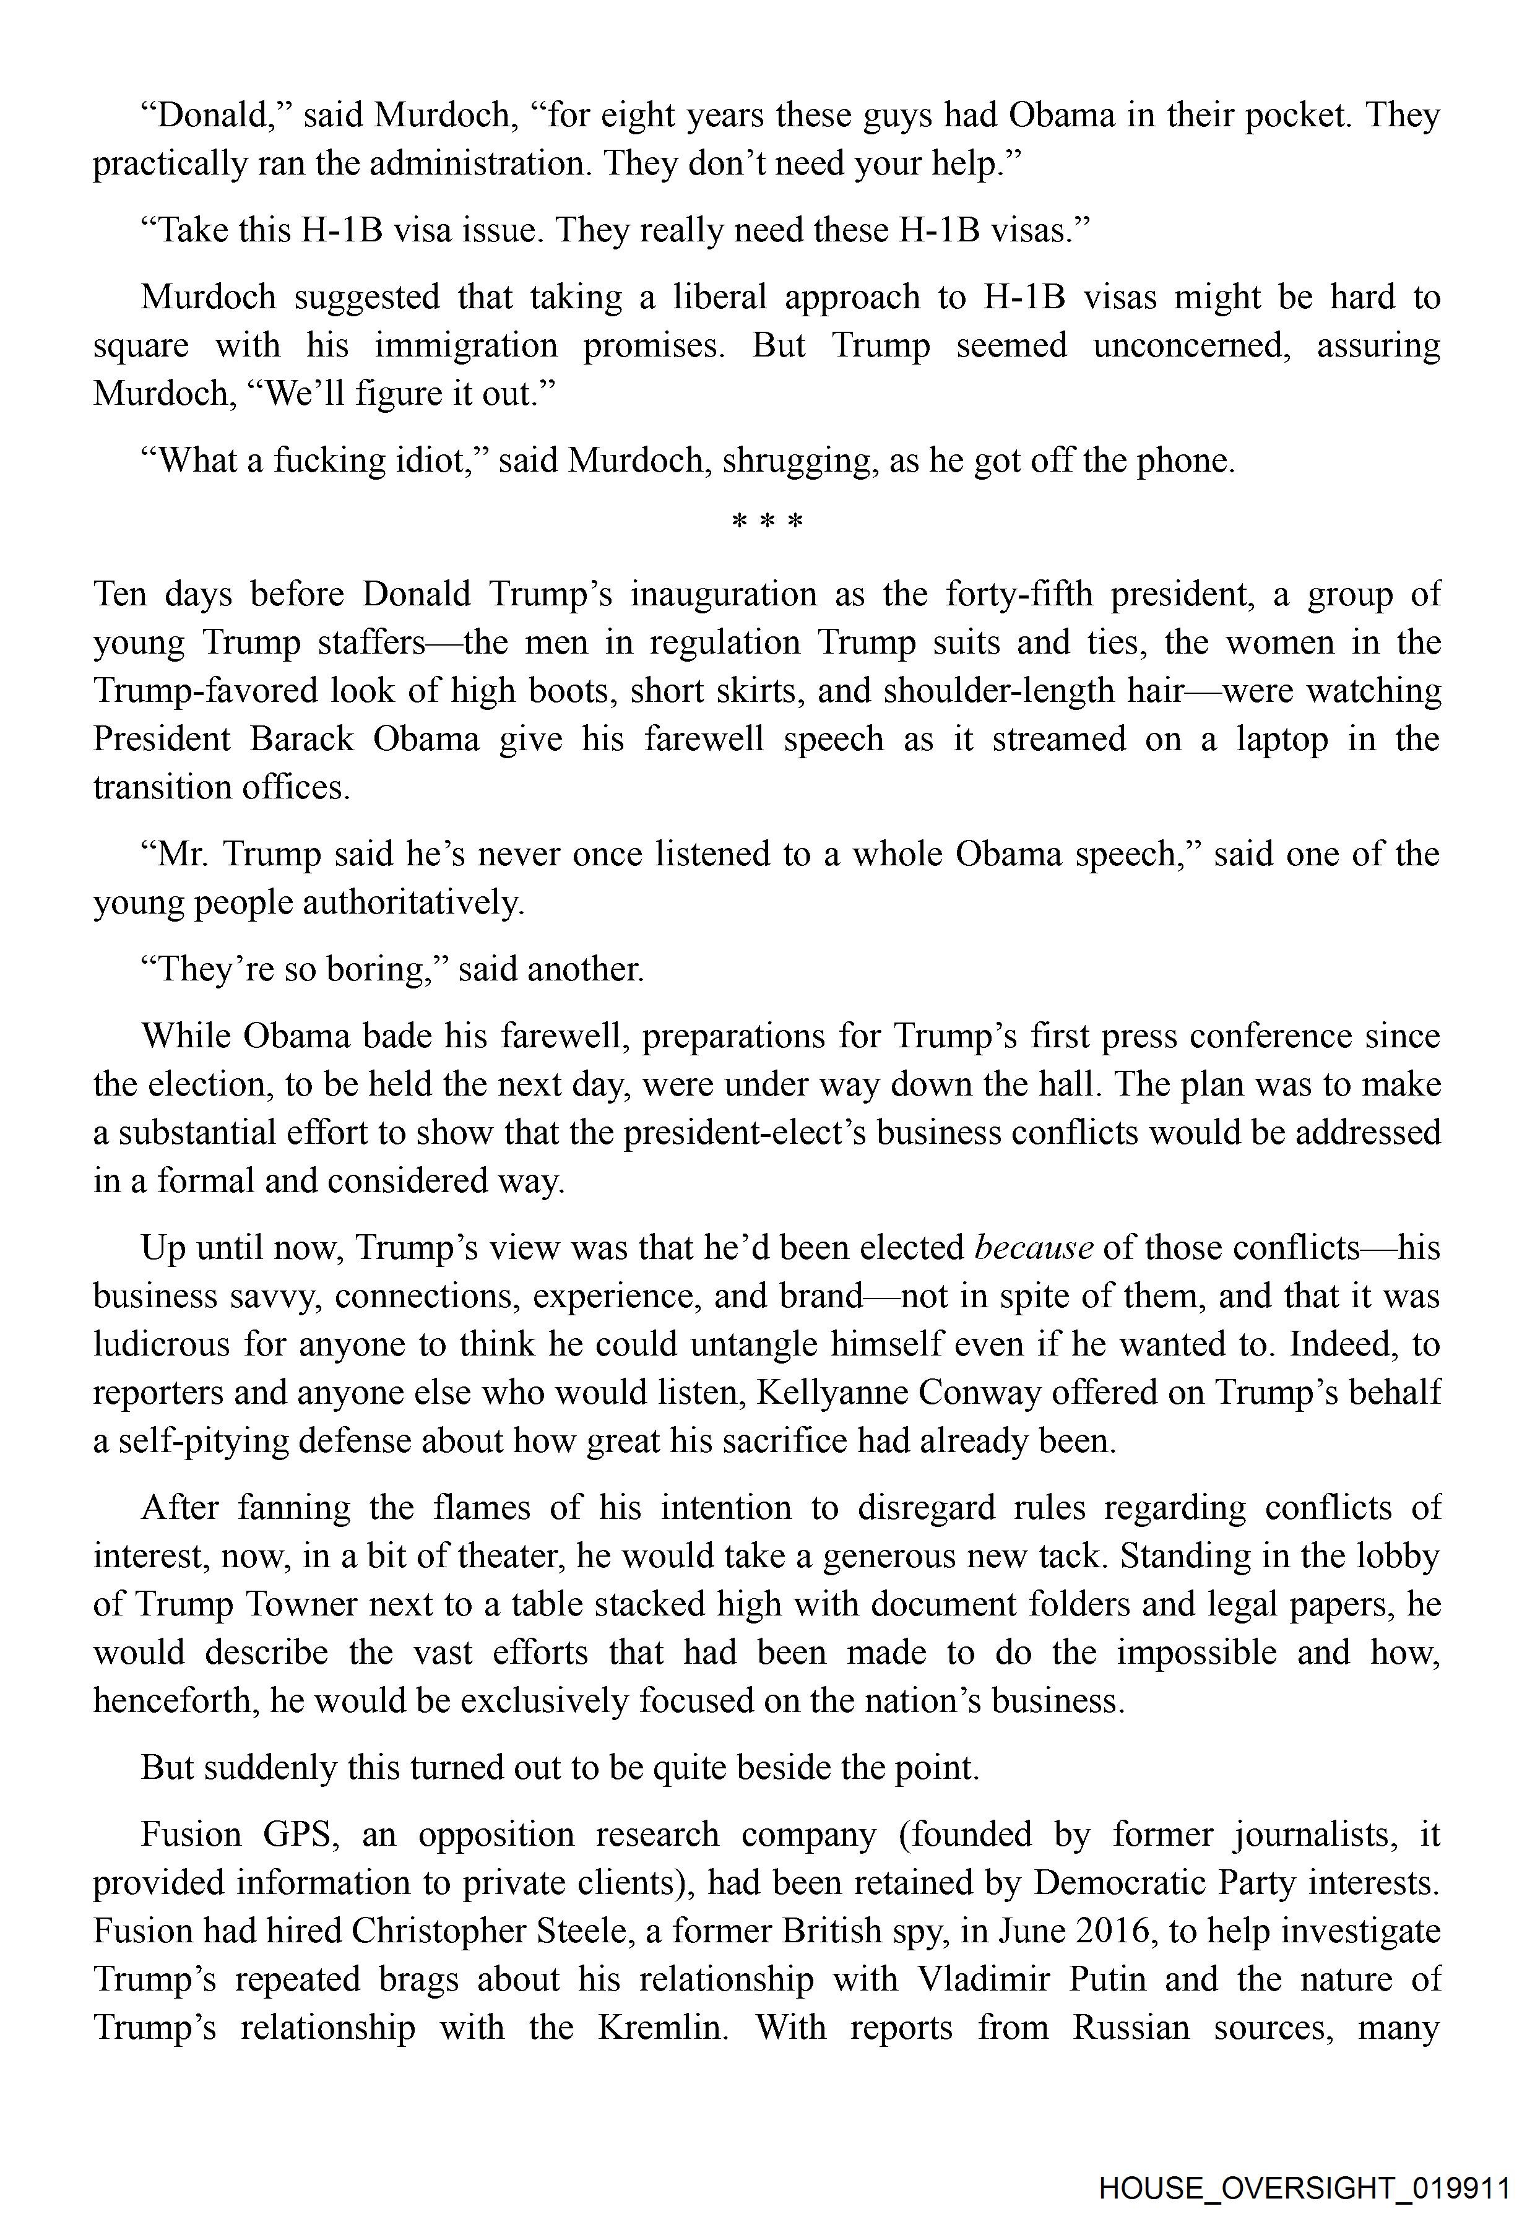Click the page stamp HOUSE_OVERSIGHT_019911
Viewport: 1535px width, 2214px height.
[1304, 2161]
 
